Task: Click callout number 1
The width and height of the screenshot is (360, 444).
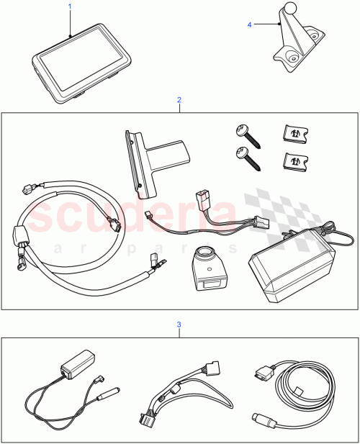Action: pos(70,6)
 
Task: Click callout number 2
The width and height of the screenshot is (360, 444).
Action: pos(179,101)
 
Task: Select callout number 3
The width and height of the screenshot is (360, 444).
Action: pos(179,325)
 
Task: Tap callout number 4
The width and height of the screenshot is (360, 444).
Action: pos(250,24)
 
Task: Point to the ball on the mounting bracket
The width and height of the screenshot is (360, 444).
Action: pos(289,9)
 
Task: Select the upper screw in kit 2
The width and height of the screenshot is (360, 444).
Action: pos(243,133)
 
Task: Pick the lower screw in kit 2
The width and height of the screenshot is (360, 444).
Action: pos(243,156)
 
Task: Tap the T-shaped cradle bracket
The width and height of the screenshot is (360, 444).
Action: pos(153,158)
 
